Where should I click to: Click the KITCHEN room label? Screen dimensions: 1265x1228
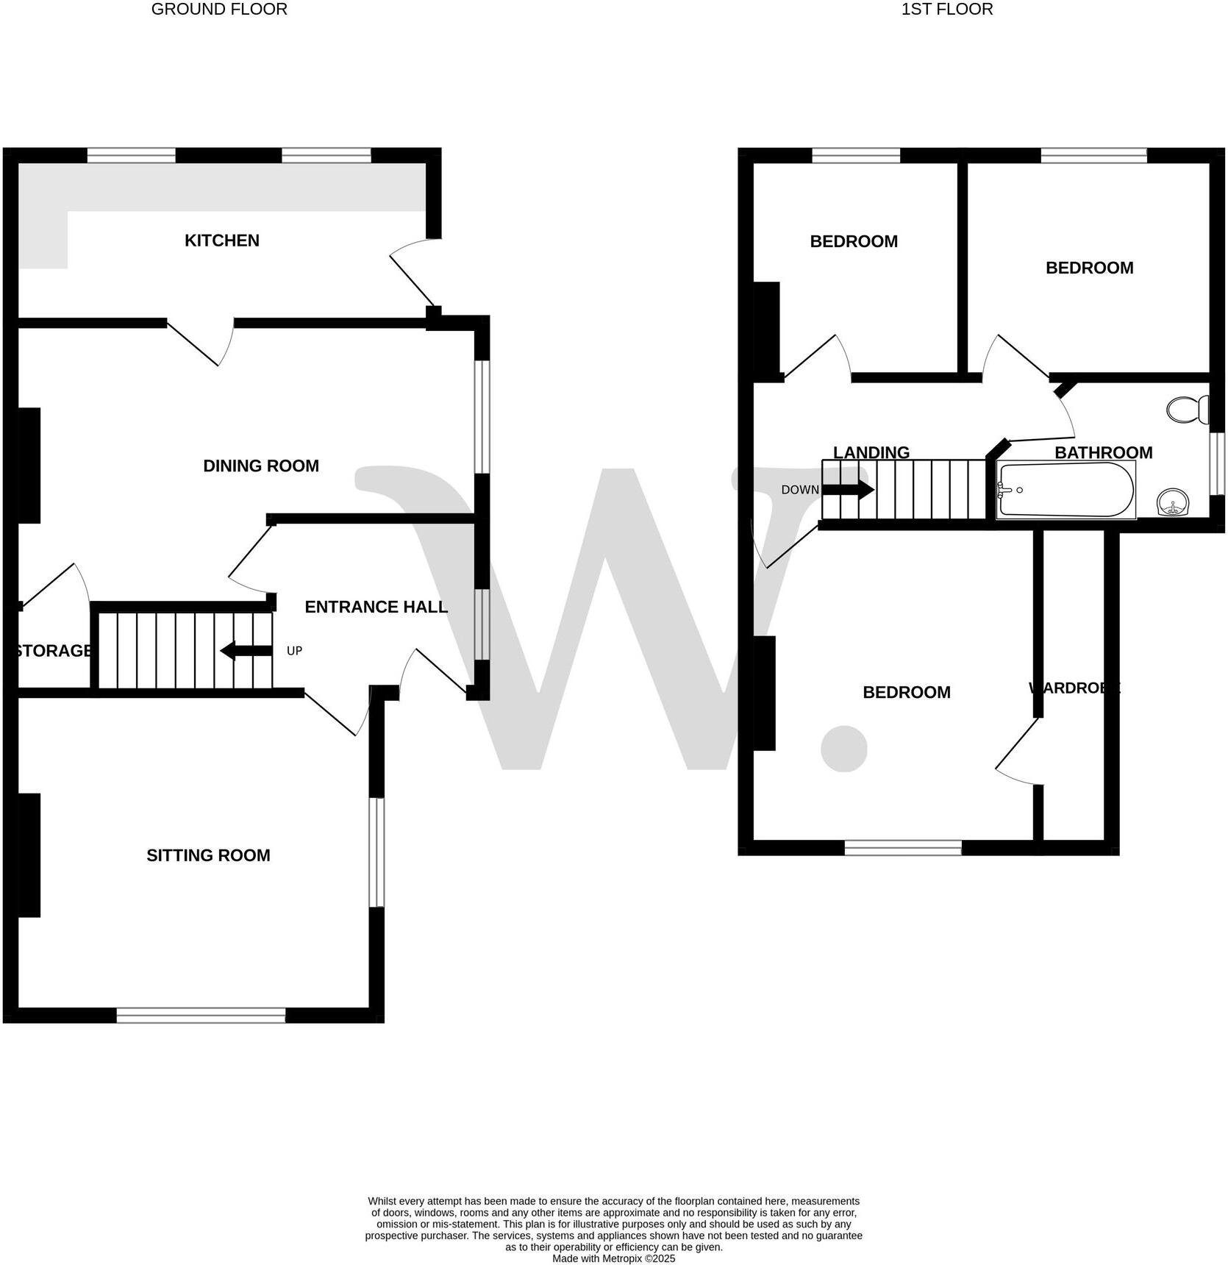[221, 240]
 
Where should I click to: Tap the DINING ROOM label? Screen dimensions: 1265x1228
[261, 466]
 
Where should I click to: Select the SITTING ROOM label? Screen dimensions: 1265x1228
[208, 855]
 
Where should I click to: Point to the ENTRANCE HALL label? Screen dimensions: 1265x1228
[376, 607]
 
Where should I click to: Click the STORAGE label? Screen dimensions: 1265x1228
[54, 651]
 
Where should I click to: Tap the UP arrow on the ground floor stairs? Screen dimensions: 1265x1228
[246, 651]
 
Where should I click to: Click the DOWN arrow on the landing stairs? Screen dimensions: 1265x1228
[848, 490]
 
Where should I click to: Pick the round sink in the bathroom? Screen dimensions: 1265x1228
[1172, 504]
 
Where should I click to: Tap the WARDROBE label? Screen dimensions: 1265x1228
[1074, 688]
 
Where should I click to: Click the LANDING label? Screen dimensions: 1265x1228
[871, 452]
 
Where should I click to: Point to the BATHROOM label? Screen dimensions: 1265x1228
[1103, 452]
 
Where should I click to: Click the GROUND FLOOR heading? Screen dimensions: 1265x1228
[219, 10]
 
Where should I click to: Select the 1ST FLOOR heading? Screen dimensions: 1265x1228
[947, 10]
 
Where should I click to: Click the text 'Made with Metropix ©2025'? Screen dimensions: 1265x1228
[613, 1258]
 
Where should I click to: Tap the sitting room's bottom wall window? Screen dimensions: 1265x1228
[201, 1016]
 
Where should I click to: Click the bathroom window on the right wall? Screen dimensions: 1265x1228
[1218, 463]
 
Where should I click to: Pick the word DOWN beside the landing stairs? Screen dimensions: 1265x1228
[800, 490]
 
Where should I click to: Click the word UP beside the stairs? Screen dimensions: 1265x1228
[294, 651]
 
